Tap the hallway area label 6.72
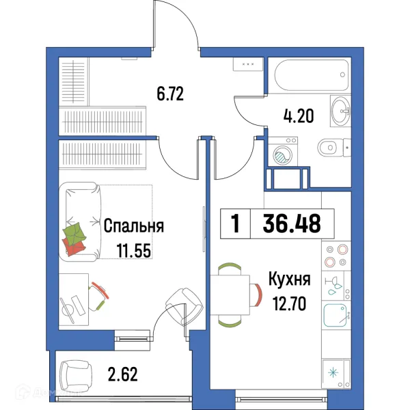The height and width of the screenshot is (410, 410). coord(171,93)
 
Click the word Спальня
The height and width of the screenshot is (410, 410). coord(134,226)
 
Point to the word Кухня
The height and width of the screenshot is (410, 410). coord(289,279)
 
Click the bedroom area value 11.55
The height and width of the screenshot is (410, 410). coord(134,251)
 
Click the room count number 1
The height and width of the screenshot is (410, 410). coord(236,224)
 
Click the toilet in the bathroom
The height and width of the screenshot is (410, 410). coord(332,146)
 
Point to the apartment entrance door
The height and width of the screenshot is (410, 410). coord(176,27)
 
